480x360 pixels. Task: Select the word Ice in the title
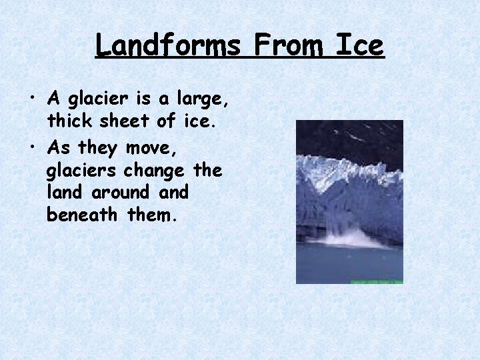pyautogui.click(x=360, y=46)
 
